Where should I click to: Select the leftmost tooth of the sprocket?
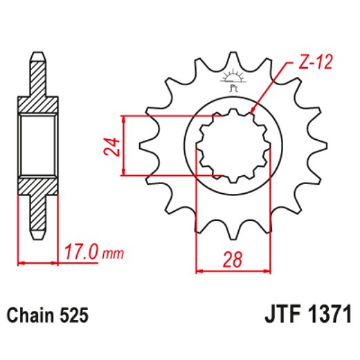coord(147,147)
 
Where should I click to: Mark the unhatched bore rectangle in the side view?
coord(37,145)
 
